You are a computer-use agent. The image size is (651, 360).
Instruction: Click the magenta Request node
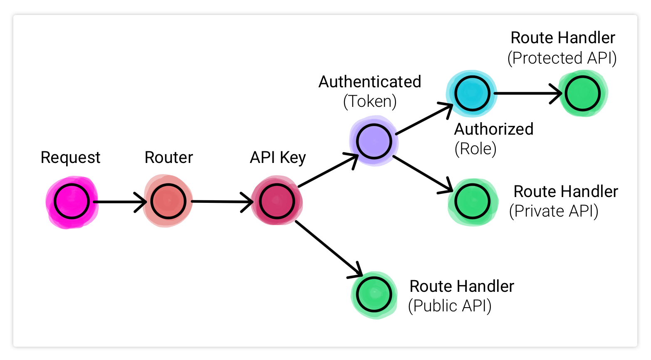pyautogui.click(x=72, y=201)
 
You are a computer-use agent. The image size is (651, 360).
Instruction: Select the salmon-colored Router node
pyautogui.click(x=168, y=201)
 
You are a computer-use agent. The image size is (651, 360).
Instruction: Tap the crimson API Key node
pyautogui.click(x=277, y=201)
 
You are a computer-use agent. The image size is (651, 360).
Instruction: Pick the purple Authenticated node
pyautogui.click(x=374, y=141)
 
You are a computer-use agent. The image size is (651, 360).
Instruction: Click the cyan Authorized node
pyautogui.click(x=472, y=93)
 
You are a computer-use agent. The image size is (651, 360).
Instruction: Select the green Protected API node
pyautogui.click(x=582, y=93)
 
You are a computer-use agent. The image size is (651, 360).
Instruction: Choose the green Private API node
pyautogui.click(x=472, y=202)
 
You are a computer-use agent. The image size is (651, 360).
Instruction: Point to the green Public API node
pyautogui.click(x=374, y=294)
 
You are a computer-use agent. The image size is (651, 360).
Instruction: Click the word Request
pyautogui.click(x=70, y=158)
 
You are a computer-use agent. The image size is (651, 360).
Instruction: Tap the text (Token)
pyautogui.click(x=370, y=101)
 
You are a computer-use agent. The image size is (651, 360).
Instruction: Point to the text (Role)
pyautogui.click(x=475, y=149)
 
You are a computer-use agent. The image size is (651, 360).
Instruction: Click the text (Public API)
pyautogui.click(x=450, y=306)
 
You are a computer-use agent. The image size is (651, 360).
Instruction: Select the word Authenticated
pyautogui.click(x=370, y=82)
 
